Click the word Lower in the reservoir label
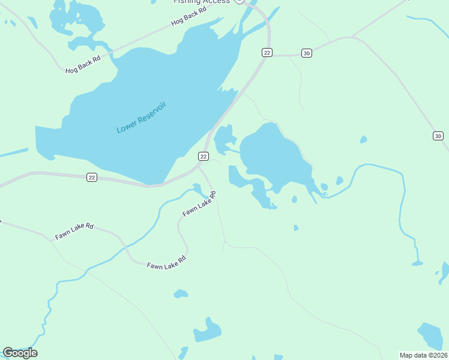click(x=127, y=126)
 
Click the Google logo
click(x=20, y=353)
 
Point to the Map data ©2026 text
click(x=423, y=355)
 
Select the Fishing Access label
click(x=201, y=2)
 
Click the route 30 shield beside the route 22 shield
click(x=307, y=53)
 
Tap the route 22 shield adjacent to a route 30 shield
click(x=267, y=53)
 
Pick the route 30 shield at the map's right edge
click(x=438, y=136)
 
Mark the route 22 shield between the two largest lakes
click(x=203, y=157)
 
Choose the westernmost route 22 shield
click(x=91, y=177)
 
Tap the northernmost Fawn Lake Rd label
click(x=199, y=205)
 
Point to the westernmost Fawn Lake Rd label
click(x=74, y=232)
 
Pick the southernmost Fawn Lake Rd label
click(x=166, y=262)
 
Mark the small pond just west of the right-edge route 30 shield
click(x=363, y=140)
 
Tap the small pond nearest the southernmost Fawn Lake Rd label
click(x=180, y=294)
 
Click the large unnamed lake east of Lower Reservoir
click(x=274, y=157)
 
